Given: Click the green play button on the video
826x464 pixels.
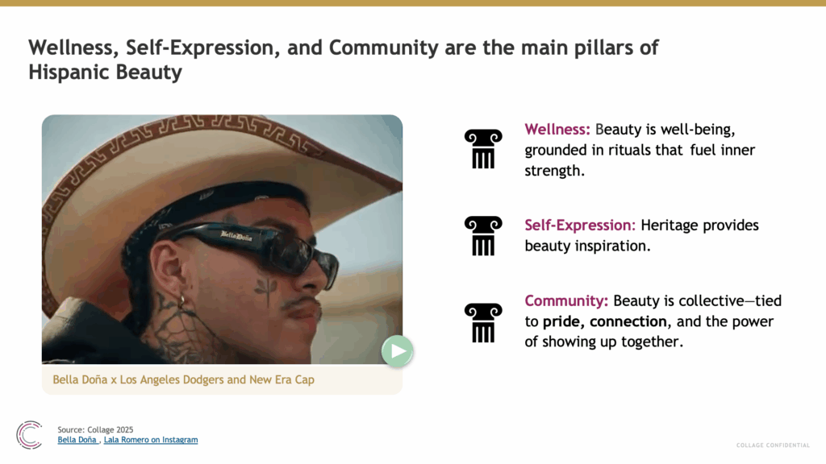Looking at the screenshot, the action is click(397, 351).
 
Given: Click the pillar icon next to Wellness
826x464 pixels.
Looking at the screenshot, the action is click(483, 149).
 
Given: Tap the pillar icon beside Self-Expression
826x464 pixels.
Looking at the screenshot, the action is click(483, 236).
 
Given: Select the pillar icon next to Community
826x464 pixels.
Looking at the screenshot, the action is click(483, 322).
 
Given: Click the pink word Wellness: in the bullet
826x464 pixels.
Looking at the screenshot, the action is click(557, 130).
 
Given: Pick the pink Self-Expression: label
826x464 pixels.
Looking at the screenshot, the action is click(580, 226).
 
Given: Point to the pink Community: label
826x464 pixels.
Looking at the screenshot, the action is click(566, 301).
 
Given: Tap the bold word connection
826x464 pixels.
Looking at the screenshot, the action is click(628, 321).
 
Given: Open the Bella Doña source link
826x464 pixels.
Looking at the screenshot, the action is click(77, 440).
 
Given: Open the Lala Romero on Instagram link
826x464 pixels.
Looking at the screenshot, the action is click(151, 440).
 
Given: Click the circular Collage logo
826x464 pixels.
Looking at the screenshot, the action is click(29, 435).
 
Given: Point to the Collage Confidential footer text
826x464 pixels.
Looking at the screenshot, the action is click(773, 445).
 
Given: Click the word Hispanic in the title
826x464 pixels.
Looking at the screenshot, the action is click(69, 72).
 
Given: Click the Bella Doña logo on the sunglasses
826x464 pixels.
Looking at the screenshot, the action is click(236, 236).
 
